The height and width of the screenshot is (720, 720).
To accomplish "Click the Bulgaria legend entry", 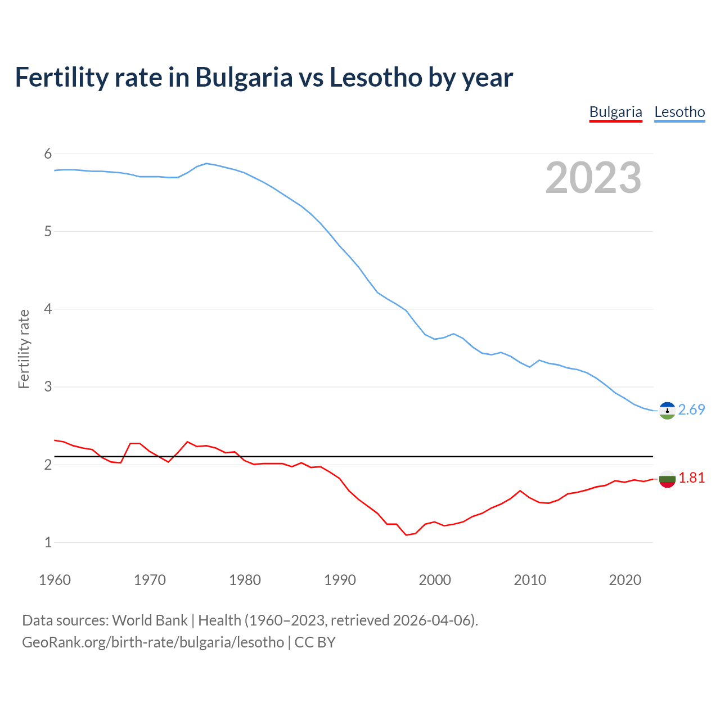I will [x=615, y=112].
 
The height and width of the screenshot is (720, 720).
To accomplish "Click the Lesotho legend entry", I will [x=679, y=112].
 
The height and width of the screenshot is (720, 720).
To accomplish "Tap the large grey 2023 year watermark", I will [x=593, y=178].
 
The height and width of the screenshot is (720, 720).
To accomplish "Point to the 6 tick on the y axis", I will [x=48, y=154].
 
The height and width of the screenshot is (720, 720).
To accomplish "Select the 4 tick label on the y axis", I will [x=48, y=309].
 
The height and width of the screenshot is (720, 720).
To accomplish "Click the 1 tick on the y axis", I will [x=48, y=542].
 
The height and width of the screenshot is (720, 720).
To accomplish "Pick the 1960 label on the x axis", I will [x=55, y=580].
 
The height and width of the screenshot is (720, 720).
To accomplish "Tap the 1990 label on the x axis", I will [x=340, y=580].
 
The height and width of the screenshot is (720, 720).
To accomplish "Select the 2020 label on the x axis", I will [x=625, y=580].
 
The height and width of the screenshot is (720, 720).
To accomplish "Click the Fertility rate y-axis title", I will [x=24, y=349].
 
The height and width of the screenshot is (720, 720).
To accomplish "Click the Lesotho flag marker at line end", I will [x=667, y=411].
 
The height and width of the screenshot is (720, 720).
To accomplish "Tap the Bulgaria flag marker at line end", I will [x=667, y=479].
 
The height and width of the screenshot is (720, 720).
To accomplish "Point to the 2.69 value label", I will [x=691, y=410].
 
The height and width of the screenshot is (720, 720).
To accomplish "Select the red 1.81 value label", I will [x=691, y=478].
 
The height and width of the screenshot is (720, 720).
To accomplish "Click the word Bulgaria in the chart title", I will [x=244, y=78].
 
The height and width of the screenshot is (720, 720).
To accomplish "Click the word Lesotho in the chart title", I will [x=375, y=78].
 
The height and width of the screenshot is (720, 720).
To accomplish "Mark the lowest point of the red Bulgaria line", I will [x=406, y=535].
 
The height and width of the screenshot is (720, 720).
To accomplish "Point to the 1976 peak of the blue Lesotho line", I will [x=206, y=163].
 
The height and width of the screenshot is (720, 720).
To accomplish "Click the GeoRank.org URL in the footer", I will [x=153, y=642].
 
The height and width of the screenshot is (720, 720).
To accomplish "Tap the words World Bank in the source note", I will [x=150, y=620].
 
